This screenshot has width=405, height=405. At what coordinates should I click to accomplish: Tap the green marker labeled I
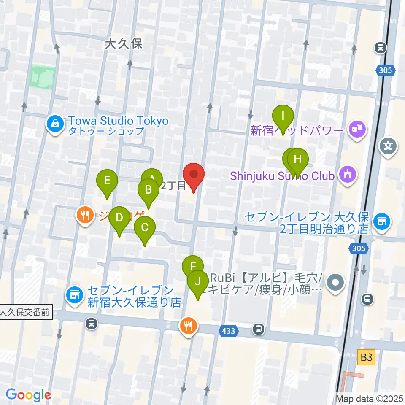tap(283, 116)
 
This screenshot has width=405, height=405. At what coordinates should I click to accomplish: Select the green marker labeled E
tap(107, 181)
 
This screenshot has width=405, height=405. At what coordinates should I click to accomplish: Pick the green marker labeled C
tap(145, 228)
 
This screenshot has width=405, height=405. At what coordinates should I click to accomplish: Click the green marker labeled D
tap(119, 218)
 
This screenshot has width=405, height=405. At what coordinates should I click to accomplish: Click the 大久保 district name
tap(124, 43)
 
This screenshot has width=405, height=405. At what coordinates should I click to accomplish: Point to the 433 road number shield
tap(228, 332)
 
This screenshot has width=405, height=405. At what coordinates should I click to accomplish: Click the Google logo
tap(28, 394)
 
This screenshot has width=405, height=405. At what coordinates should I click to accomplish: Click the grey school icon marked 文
tap(388, 146)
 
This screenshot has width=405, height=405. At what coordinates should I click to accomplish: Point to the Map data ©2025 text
tap(369, 399)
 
